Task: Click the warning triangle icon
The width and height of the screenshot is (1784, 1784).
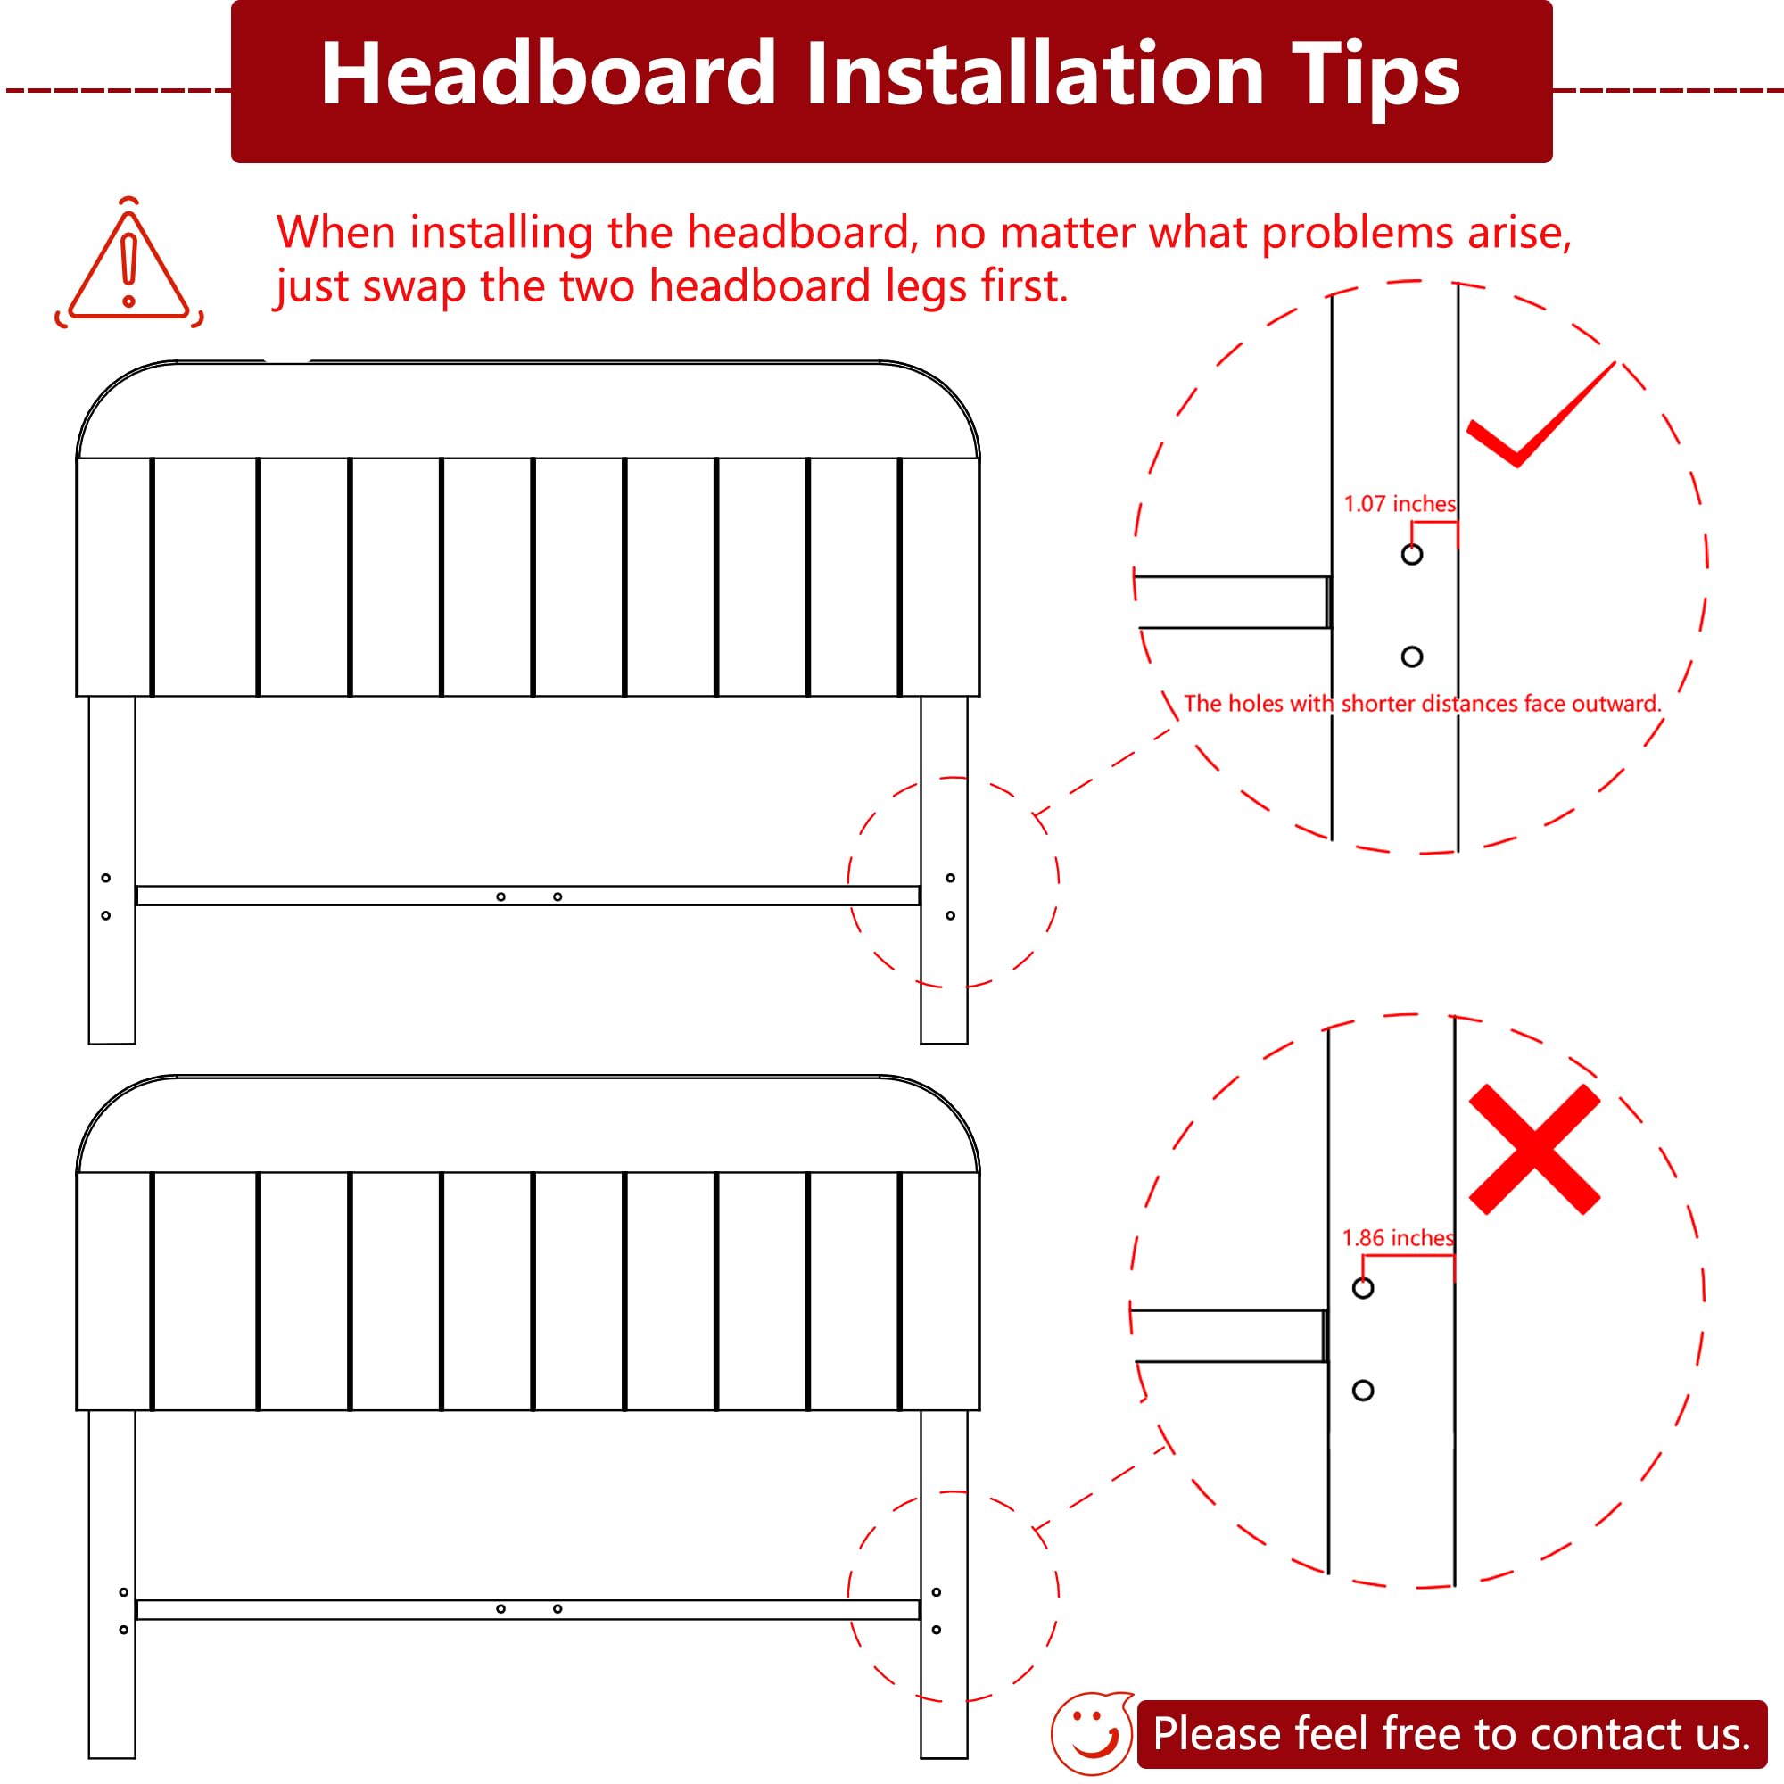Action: [x=128, y=263]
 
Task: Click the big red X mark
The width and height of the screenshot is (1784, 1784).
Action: [x=1533, y=1149]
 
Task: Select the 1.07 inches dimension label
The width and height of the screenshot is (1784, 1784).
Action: [x=1399, y=504]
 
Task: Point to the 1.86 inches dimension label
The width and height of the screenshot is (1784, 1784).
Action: [x=1397, y=1238]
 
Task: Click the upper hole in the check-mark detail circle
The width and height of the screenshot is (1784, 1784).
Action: [x=1412, y=554]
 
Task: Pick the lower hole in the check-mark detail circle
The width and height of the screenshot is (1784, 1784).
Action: [x=1412, y=657]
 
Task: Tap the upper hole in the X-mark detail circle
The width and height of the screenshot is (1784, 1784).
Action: [x=1363, y=1288]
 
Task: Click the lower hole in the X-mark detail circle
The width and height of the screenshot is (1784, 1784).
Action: [x=1363, y=1391]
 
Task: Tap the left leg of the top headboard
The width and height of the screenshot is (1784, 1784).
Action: [x=111, y=870]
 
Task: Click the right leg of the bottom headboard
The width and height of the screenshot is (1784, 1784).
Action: [x=944, y=1584]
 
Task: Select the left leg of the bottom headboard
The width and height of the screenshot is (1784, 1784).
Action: [x=111, y=1584]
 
